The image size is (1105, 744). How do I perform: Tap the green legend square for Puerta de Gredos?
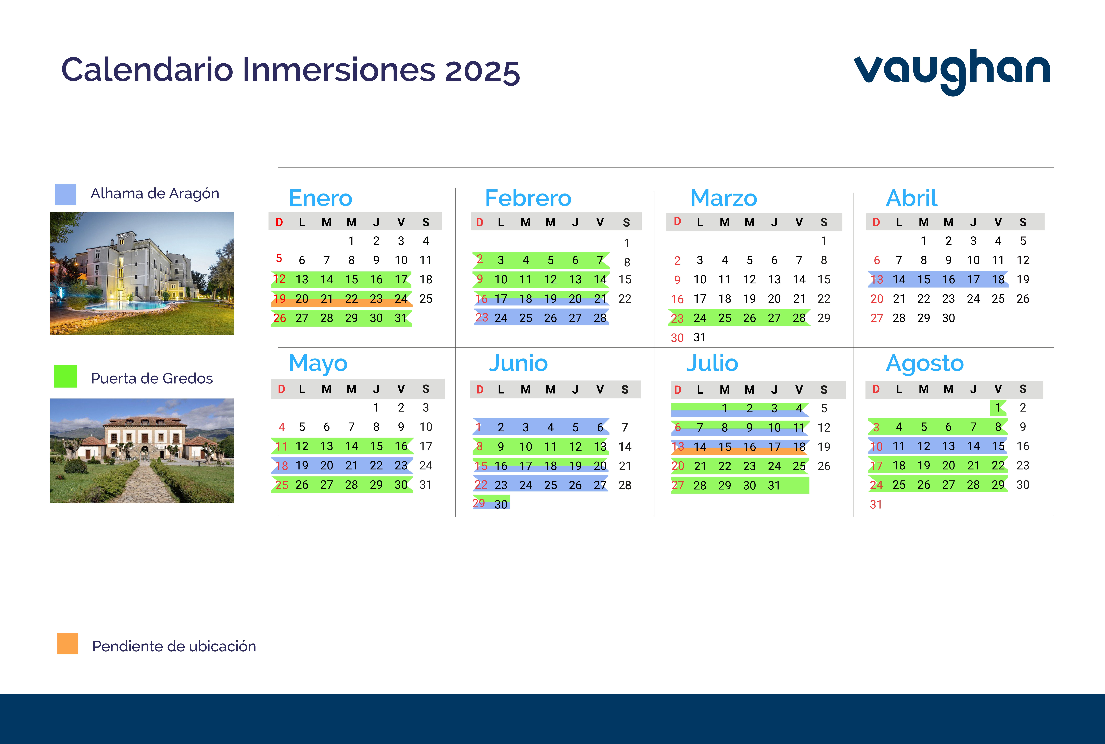(66, 376)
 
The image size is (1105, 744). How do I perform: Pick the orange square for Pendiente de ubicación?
(67, 643)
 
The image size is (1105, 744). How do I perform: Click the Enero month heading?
(321, 198)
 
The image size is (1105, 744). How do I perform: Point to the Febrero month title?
(528, 198)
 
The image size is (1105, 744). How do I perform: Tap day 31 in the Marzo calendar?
(700, 337)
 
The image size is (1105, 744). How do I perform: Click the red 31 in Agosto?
(876, 504)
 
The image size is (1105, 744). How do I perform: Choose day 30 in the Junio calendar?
(501, 504)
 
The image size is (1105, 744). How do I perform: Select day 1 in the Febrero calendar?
(627, 243)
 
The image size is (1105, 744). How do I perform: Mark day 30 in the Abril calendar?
(948, 318)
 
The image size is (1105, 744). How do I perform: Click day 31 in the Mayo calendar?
(425, 484)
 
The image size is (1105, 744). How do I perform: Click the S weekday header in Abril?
(1023, 222)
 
